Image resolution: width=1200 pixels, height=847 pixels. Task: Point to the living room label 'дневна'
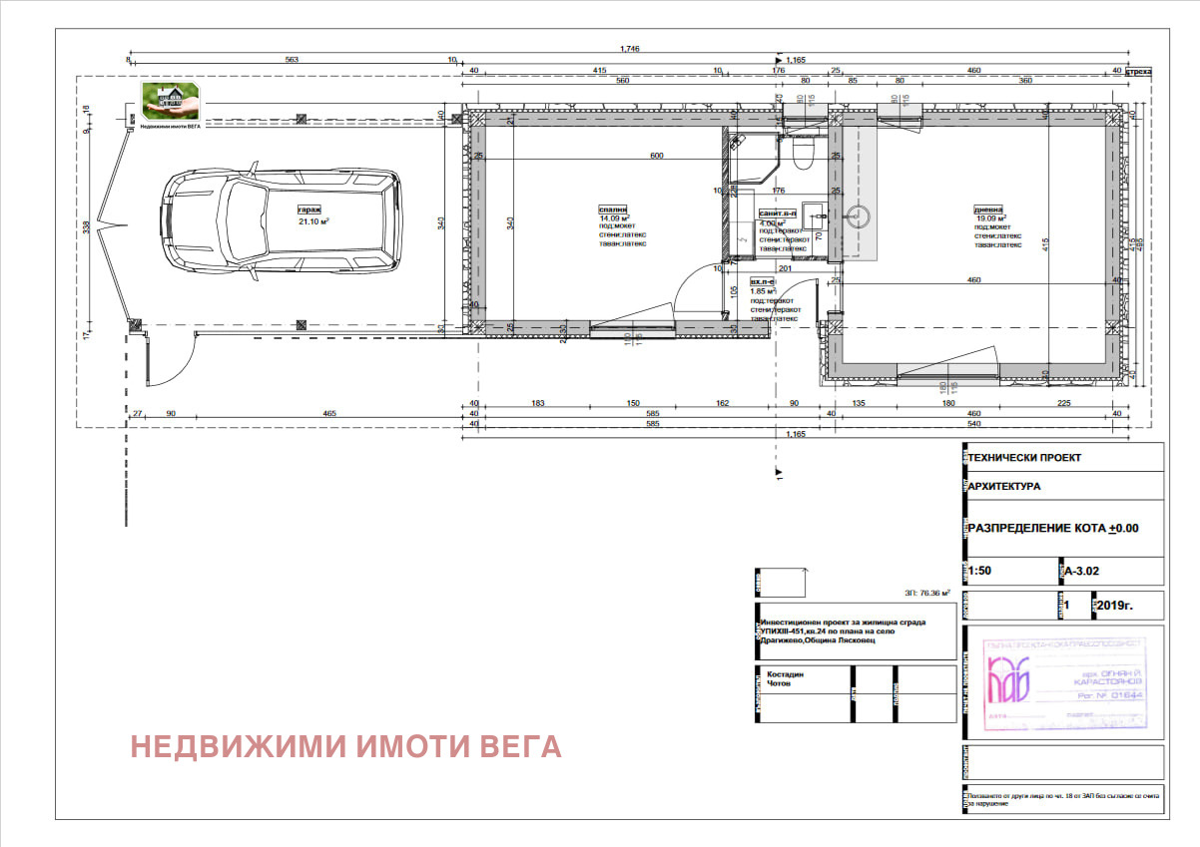pyautogui.click(x=988, y=210)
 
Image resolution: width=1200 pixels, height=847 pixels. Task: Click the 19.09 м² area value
pyautogui.click(x=990, y=218)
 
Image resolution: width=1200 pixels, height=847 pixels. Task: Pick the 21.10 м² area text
pyautogui.click(x=314, y=222)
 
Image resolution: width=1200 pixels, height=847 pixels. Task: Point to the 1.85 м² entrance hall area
pyautogui.click(x=764, y=291)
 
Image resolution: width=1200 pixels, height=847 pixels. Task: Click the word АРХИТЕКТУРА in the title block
pyautogui.click(x=1004, y=487)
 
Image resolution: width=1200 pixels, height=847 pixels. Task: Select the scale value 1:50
pyautogui.click(x=982, y=572)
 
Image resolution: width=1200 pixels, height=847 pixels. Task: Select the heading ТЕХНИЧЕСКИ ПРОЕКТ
pyautogui.click(x=1024, y=457)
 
